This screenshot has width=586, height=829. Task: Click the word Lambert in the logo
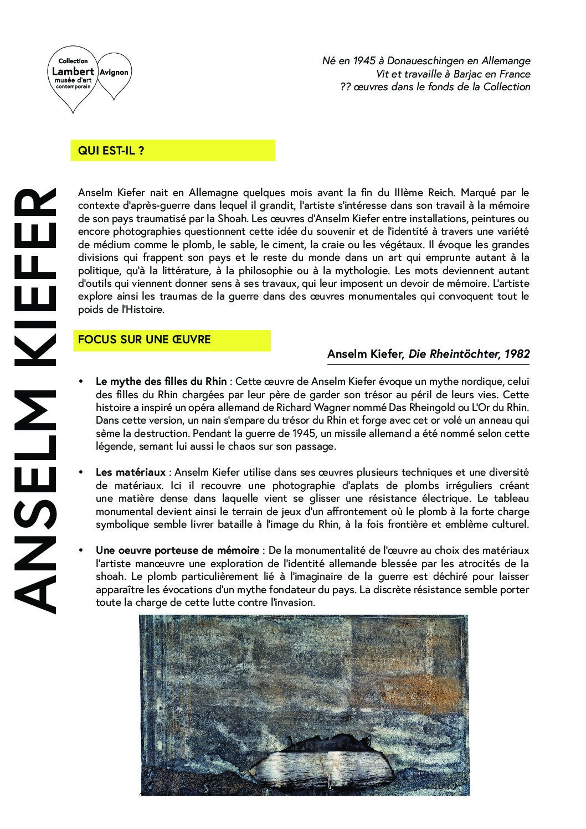pos(72,71)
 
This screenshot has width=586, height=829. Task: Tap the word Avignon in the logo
pos(114,72)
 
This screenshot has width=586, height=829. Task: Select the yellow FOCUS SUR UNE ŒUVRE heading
pos(145,339)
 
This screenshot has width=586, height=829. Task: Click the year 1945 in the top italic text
pos(362,61)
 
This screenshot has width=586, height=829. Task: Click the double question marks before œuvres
pos(346,87)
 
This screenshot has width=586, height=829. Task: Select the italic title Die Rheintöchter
pos(454,354)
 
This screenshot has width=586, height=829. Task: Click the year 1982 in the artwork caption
pos(517,354)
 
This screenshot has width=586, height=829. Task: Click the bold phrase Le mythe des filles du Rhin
pos(161,381)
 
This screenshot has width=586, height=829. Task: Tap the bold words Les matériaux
pos(131,472)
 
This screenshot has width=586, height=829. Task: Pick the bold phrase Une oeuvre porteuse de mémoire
pos(177,550)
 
